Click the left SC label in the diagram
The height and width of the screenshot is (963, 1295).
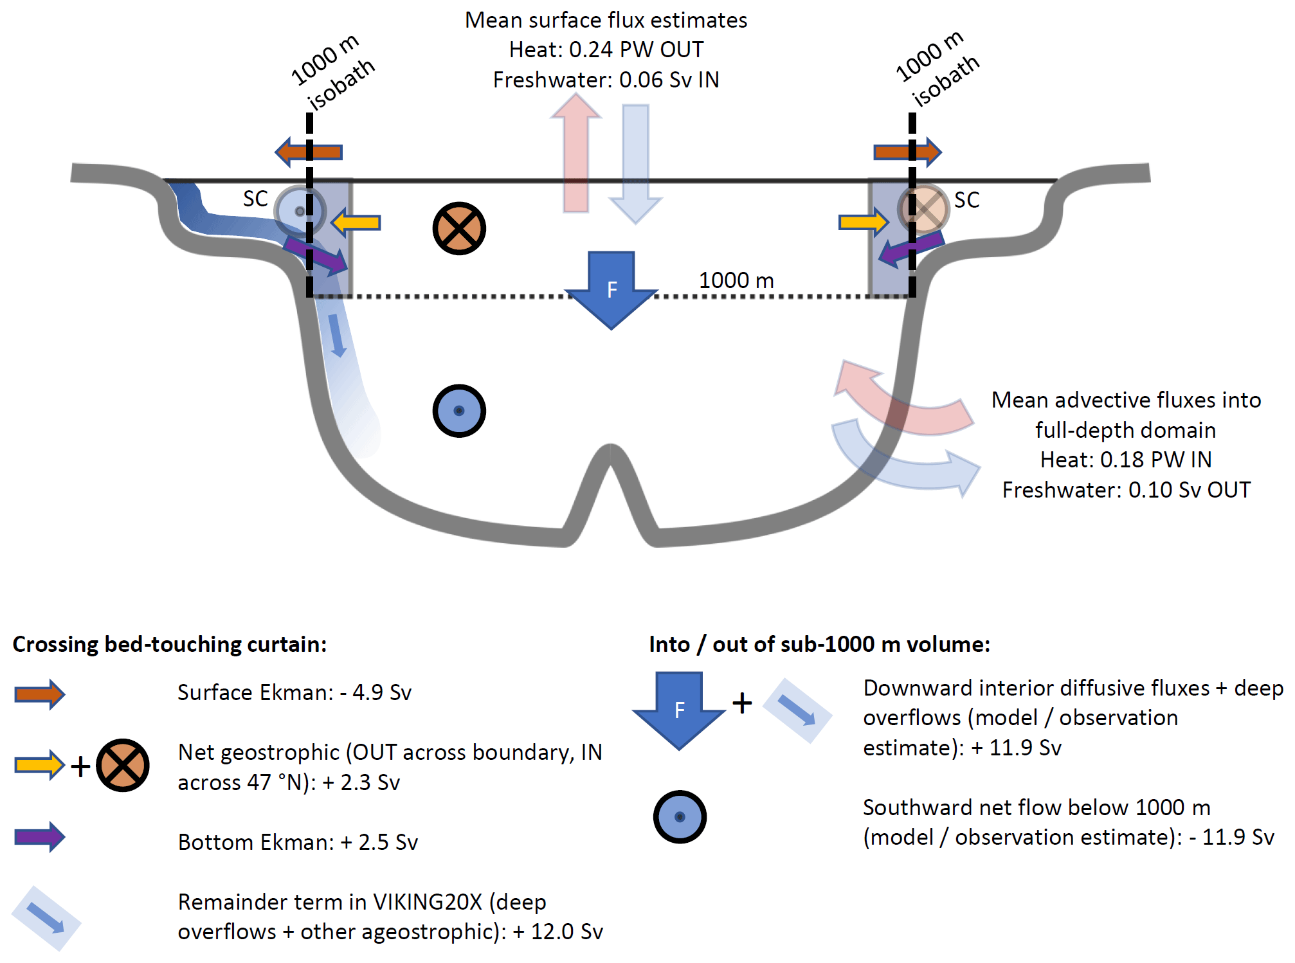pyautogui.click(x=255, y=199)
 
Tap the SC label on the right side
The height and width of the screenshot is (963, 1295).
pyautogui.click(x=966, y=200)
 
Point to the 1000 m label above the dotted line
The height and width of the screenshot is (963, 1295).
pyautogui.click(x=736, y=280)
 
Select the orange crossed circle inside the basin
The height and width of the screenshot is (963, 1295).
pyautogui.click(x=459, y=228)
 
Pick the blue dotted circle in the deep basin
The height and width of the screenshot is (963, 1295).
pyautogui.click(x=459, y=411)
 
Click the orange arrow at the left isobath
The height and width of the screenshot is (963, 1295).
pyautogui.click(x=309, y=152)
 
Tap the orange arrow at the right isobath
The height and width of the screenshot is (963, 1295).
pyautogui.click(x=907, y=152)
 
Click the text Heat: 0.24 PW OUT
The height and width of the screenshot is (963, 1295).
pyautogui.click(x=606, y=50)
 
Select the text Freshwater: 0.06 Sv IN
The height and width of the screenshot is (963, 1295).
pyautogui.click(x=606, y=80)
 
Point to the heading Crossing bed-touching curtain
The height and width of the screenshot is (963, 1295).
pyautogui.click(x=170, y=644)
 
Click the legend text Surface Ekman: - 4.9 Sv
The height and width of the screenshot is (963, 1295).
pyautogui.click(x=294, y=692)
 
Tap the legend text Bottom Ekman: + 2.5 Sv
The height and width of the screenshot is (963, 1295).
pyautogui.click(x=298, y=842)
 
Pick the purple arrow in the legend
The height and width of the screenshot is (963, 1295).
pyautogui.click(x=40, y=837)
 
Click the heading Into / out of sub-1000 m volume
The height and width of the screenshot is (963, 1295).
pyautogui.click(x=819, y=644)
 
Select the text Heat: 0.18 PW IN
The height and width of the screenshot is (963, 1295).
pyautogui.click(x=1126, y=460)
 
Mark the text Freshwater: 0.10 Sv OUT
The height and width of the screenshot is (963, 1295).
pyautogui.click(x=1126, y=490)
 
